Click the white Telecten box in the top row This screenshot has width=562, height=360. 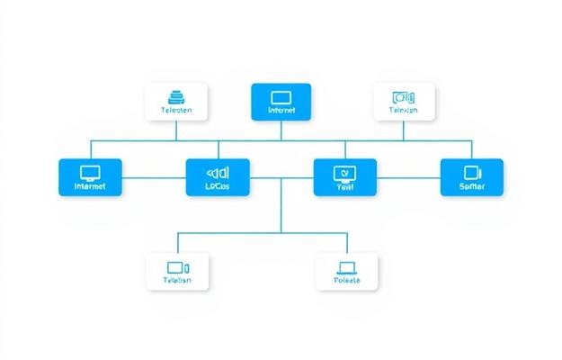point(176,102)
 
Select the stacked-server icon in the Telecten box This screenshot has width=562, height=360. point(176,95)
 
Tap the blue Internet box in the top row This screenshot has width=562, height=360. point(281,101)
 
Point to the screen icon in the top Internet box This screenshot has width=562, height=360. point(281,95)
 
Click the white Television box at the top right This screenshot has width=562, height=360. point(404,102)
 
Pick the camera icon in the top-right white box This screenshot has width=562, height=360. point(404,96)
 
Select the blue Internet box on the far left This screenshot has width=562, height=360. point(90,177)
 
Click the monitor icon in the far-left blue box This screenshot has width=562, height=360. point(90,172)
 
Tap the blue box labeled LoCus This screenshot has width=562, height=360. point(217,177)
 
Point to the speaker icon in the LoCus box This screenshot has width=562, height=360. point(217,171)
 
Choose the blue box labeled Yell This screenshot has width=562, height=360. point(344,177)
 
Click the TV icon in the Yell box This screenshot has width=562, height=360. point(344,172)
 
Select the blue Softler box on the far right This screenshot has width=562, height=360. point(472,177)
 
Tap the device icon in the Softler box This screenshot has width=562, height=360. point(472,172)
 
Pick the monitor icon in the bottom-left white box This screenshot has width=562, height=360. point(177,266)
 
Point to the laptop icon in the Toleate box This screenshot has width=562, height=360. point(347,266)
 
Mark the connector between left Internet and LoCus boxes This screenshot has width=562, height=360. point(153,177)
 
